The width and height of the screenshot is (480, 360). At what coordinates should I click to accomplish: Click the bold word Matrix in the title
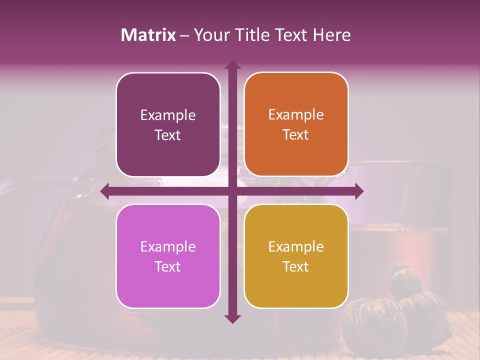point(148,35)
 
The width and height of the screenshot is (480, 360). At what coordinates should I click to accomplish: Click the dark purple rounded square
point(168,124)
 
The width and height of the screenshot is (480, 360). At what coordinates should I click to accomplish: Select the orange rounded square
point(296,124)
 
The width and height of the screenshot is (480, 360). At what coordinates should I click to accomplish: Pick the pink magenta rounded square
point(168,256)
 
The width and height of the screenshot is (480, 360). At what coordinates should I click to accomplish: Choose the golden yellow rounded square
point(296,256)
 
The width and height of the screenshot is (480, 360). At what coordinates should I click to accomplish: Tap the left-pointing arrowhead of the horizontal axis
point(105,191)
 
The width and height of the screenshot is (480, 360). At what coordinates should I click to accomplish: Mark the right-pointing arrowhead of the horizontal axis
point(359,191)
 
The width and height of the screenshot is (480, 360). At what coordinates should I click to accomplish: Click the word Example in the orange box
point(296,114)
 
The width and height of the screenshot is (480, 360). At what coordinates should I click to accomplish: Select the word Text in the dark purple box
point(168,135)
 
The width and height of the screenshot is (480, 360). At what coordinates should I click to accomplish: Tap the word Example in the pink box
point(168,246)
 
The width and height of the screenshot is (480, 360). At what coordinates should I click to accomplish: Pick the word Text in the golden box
point(296,266)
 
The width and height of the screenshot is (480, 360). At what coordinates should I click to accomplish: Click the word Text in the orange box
point(296,134)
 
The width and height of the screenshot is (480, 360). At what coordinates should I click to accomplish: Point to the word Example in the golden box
point(296,246)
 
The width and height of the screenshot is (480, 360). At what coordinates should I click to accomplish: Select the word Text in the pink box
point(168,266)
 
